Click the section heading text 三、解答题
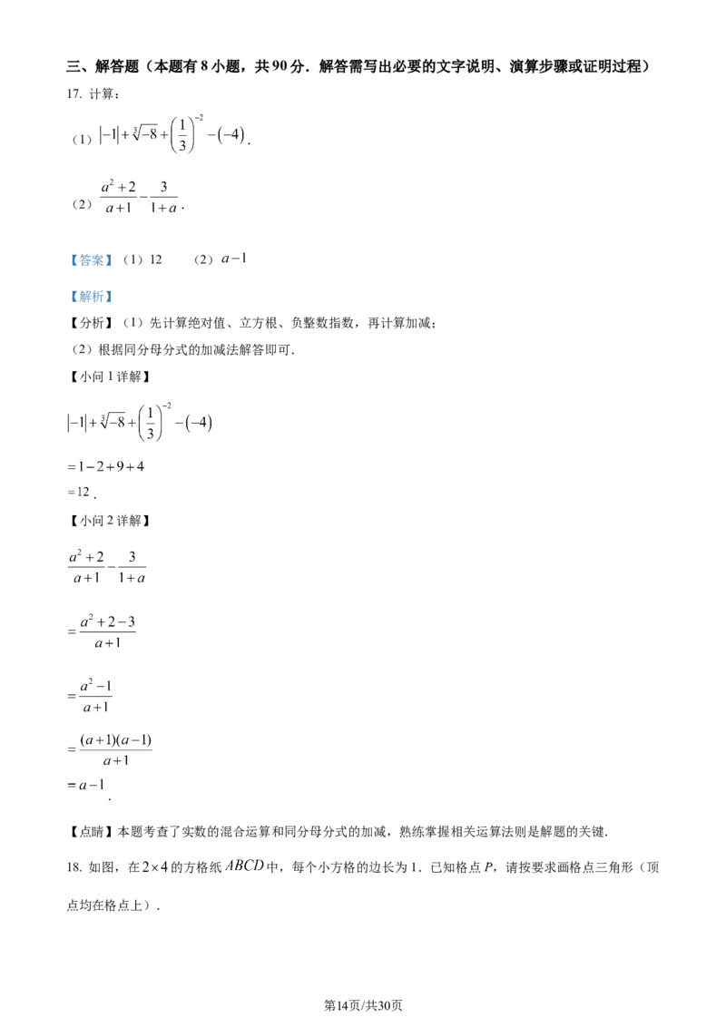(103, 66)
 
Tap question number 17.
(74, 94)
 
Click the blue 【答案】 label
(92, 260)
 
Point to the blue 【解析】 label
(92, 297)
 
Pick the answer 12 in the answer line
(156, 259)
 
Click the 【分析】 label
(92, 323)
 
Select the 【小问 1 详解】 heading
(110, 377)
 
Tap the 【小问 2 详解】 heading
(110, 521)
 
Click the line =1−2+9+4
(105, 467)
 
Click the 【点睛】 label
(92, 832)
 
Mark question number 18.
(74, 868)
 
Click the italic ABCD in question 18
(244, 866)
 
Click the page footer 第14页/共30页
(363, 1005)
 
